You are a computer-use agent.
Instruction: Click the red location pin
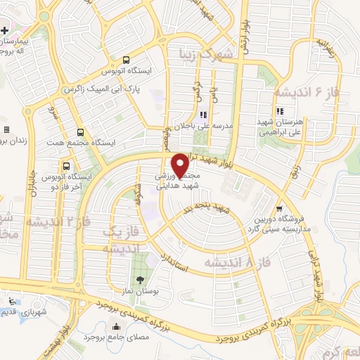181,166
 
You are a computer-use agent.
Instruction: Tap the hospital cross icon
4,31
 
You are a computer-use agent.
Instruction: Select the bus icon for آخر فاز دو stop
66,167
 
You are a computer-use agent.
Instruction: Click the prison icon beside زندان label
6,130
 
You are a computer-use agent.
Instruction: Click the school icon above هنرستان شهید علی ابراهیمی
280,110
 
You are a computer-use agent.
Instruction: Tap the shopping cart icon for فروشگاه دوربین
280,209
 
